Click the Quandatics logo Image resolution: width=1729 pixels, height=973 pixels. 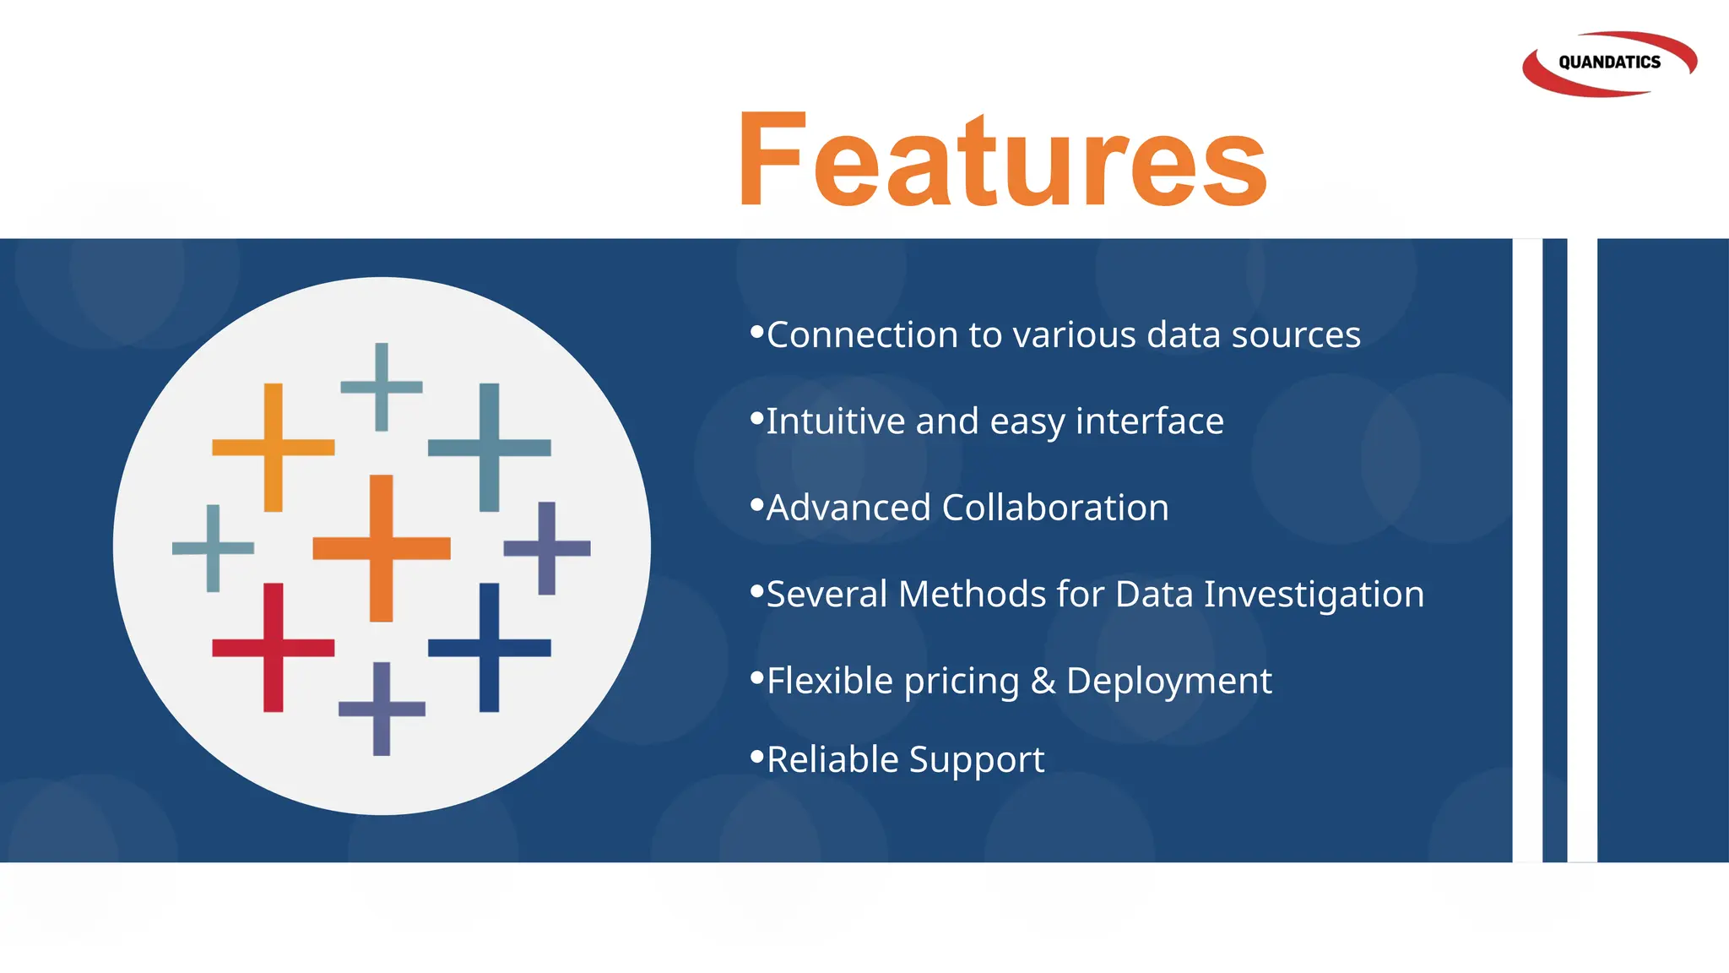(x=1608, y=63)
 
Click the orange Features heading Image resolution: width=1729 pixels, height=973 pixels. (x=1002, y=160)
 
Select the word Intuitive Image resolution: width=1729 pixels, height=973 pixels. (x=835, y=421)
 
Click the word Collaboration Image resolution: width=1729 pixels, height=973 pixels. (x=1054, y=508)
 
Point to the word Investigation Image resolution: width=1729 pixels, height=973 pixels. (x=1314, y=595)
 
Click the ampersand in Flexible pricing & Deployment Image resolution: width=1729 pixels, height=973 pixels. (x=1043, y=681)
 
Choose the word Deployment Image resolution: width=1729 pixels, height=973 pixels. (x=1168, y=681)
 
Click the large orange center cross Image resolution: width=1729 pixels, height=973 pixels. (x=382, y=548)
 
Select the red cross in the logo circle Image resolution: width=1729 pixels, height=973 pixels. (x=273, y=648)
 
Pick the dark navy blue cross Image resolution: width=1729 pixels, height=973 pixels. (x=489, y=648)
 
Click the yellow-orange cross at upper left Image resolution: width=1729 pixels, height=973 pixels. (x=273, y=448)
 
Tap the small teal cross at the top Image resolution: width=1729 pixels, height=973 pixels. (x=382, y=387)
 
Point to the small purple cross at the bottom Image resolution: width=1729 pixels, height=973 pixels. (x=382, y=709)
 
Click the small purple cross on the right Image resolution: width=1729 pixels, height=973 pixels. (x=547, y=548)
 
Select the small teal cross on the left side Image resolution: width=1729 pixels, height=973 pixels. (x=213, y=548)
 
